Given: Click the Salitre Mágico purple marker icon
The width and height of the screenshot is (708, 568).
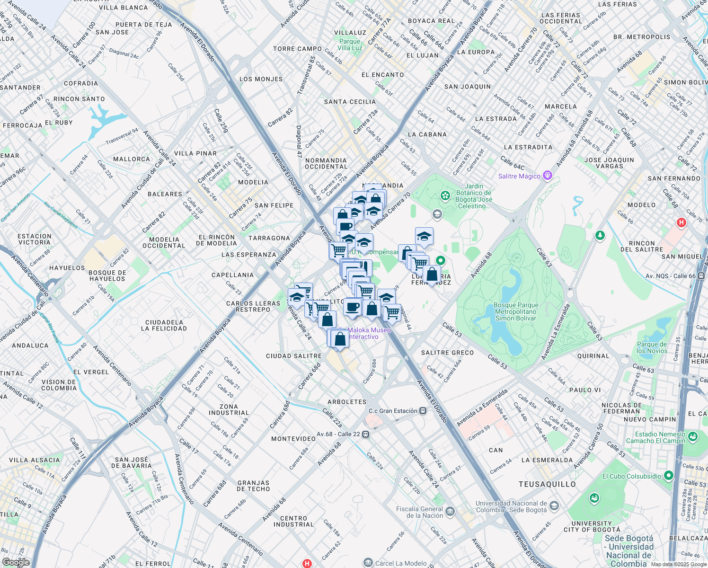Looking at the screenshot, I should click(x=548, y=176).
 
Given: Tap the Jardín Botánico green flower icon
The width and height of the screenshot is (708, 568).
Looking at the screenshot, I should click(x=445, y=195).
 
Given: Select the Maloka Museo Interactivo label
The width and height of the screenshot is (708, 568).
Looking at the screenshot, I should click(x=369, y=333).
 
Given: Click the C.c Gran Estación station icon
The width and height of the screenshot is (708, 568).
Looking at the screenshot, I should click(x=423, y=411).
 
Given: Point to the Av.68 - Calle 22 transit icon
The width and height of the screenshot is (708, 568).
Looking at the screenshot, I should click(x=365, y=434).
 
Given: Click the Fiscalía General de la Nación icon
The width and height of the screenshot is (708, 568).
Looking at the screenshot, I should click(x=450, y=511).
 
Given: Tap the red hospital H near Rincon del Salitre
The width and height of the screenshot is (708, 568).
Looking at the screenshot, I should click(x=681, y=222).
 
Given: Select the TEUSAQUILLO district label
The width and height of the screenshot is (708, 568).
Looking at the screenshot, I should click(x=547, y=484).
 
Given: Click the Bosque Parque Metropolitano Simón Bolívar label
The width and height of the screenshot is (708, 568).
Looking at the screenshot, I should click(x=516, y=311).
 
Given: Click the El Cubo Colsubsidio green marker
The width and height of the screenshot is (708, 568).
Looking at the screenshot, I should click(x=668, y=475).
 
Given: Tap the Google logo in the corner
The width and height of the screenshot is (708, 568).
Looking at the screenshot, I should click(x=16, y=562).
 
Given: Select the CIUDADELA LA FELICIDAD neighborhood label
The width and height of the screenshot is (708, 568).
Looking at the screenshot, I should click(x=166, y=325).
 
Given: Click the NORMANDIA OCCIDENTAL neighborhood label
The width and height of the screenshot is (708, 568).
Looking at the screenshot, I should click(x=326, y=163).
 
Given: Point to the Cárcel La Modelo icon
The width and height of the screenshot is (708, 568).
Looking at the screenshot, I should click(x=368, y=563).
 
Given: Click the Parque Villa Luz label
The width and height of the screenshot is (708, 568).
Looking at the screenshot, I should click(x=350, y=44).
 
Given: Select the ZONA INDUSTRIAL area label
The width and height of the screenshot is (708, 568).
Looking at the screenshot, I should click(x=229, y=409).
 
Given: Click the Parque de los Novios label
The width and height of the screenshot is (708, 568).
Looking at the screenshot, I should click(x=652, y=347).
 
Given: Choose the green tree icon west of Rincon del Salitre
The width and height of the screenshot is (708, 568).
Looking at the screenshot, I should click(x=600, y=235).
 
